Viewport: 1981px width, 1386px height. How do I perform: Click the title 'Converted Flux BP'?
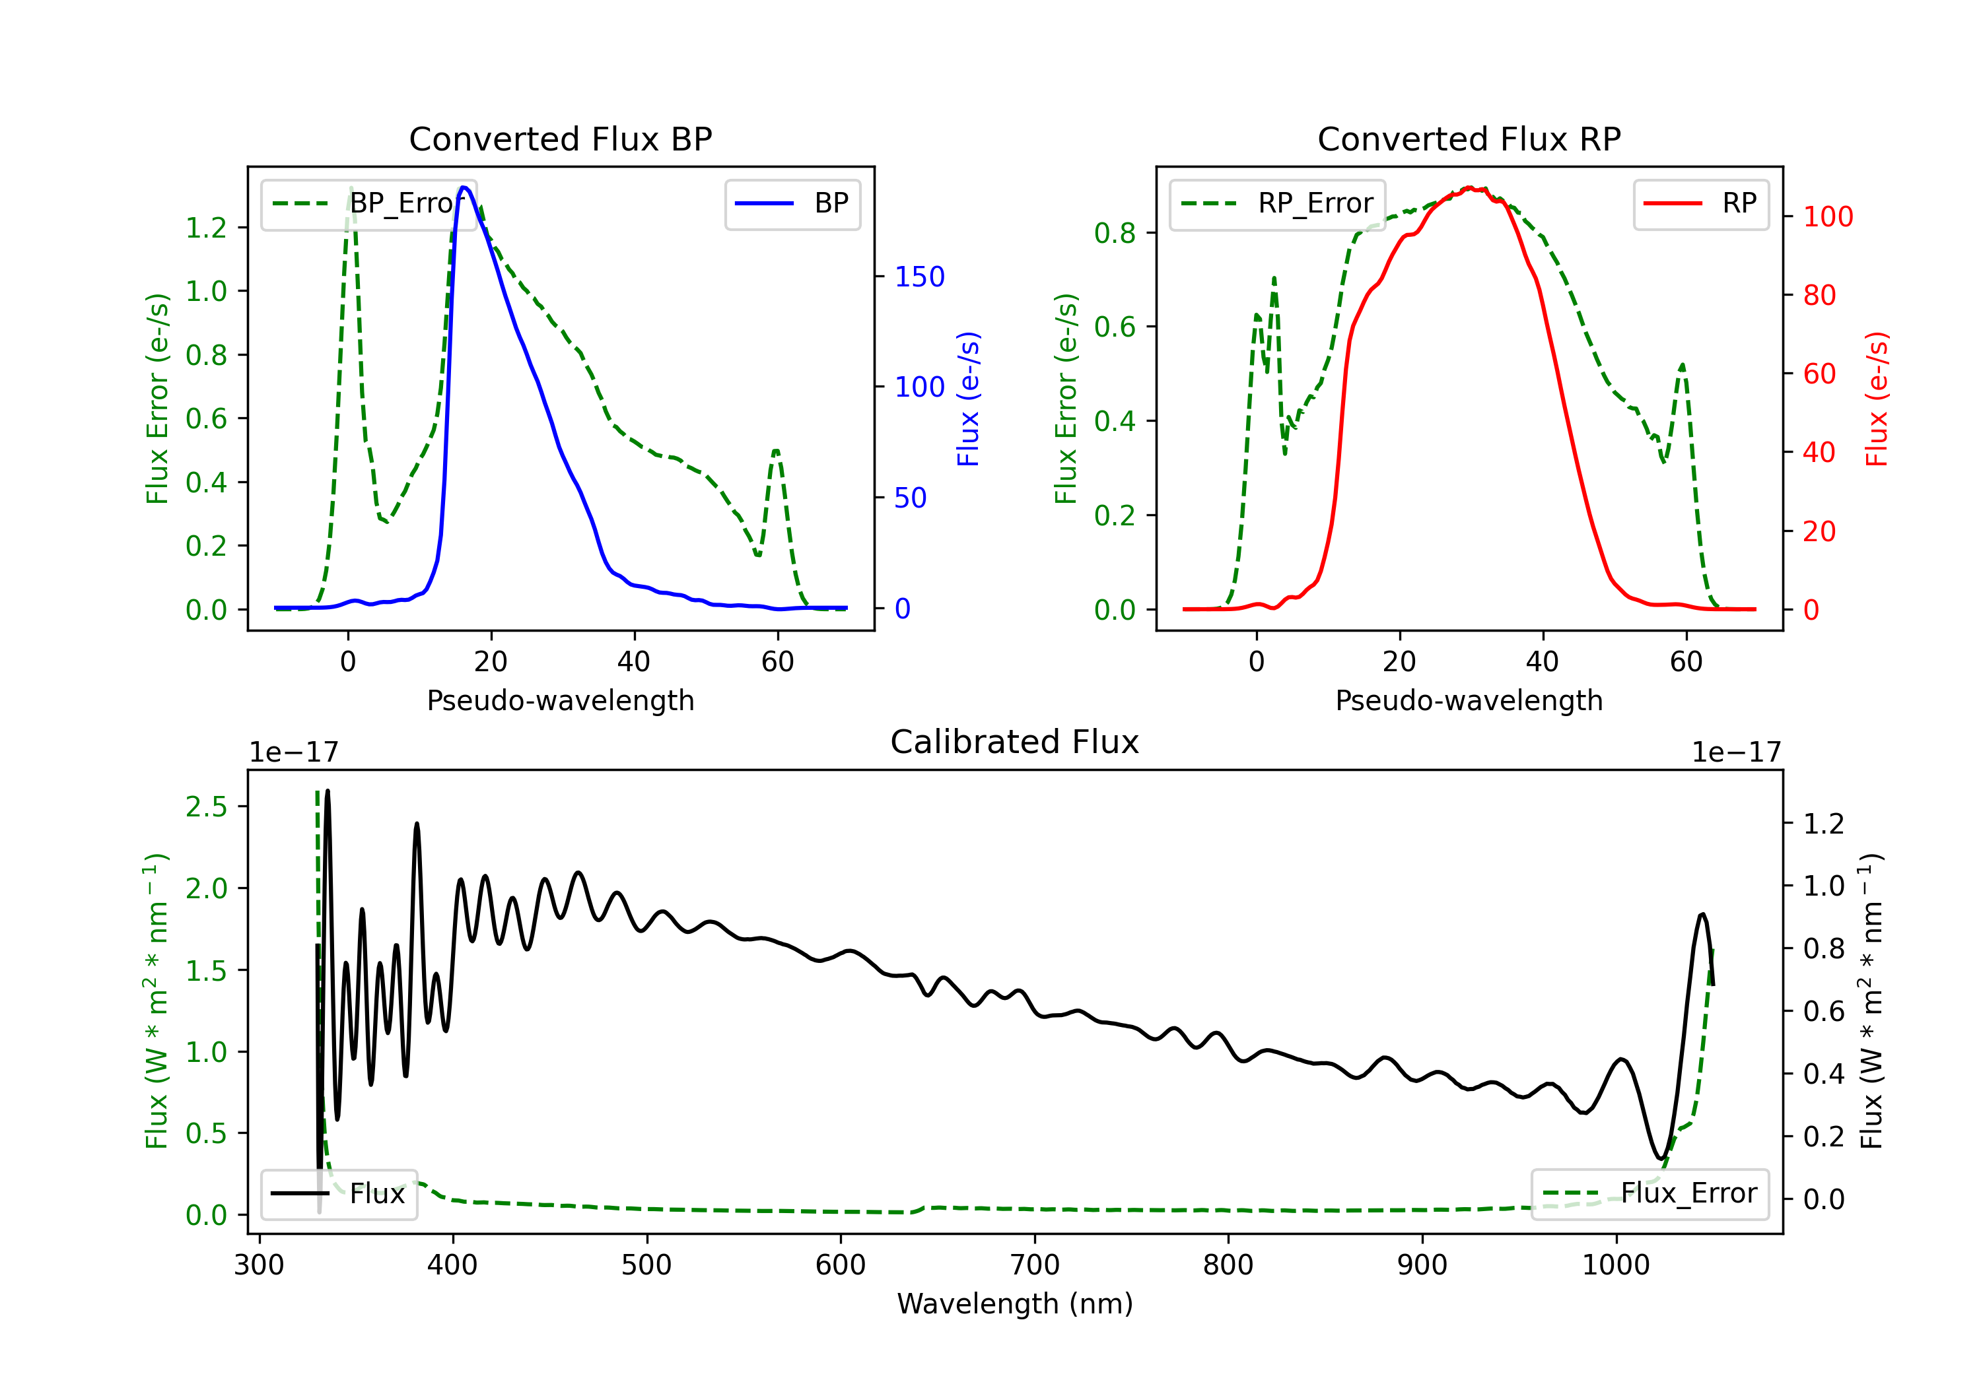pyautogui.click(x=560, y=139)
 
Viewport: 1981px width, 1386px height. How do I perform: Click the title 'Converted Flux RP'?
pyautogui.click(x=1469, y=139)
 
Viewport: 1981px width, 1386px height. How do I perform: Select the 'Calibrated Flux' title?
pyautogui.click(x=1015, y=742)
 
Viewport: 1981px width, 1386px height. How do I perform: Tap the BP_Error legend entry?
pyautogui.click(x=368, y=203)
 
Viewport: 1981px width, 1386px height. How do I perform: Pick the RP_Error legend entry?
pyautogui.click(x=1277, y=203)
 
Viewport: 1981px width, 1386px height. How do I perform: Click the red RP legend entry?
pyautogui.click(x=1700, y=203)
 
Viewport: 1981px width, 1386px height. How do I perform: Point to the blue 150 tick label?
pyautogui.click(x=920, y=277)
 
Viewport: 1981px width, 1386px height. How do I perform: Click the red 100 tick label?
pyautogui.click(x=1828, y=216)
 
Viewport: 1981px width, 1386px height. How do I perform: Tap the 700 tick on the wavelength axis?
pyautogui.click(x=1035, y=1265)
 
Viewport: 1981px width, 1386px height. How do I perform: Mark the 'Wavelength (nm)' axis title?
pyautogui.click(x=1015, y=1303)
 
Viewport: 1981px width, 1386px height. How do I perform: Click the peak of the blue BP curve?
pyautogui.click(x=464, y=187)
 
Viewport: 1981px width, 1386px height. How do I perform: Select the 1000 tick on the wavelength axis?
pyautogui.click(x=1616, y=1265)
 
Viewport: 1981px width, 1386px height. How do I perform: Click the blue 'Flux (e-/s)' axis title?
pyautogui.click(x=969, y=399)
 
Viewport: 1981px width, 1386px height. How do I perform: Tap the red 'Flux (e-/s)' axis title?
pyautogui.click(x=1877, y=399)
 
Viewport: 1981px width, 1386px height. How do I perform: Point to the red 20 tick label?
pyautogui.click(x=1820, y=531)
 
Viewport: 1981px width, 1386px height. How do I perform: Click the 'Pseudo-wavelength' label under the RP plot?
pyautogui.click(x=1469, y=700)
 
